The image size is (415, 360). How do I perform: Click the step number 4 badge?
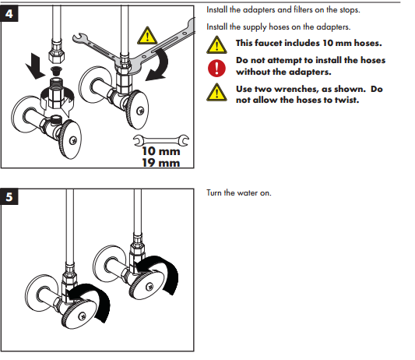tap(9, 13)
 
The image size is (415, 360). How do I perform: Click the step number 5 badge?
tap(9, 196)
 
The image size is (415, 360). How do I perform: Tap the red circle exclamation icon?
tap(216, 68)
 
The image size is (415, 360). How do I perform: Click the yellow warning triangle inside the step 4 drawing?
tap(147, 36)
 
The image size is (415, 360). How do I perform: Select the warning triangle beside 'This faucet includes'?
tap(216, 44)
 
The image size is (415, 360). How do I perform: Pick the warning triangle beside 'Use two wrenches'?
tap(216, 92)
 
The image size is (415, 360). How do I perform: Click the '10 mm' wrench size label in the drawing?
tap(161, 151)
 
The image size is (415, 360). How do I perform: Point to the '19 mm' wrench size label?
tap(161, 163)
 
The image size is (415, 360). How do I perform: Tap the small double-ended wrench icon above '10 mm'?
tap(161, 140)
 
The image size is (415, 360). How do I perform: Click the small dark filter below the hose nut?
tap(56, 71)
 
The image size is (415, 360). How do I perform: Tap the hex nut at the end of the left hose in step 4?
tap(56, 55)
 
